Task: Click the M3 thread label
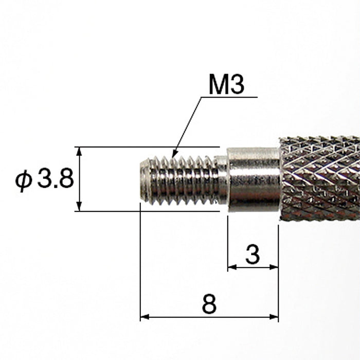click(x=226, y=85)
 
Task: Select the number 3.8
click(x=56, y=180)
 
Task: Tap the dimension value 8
click(x=209, y=305)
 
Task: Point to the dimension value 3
click(x=252, y=255)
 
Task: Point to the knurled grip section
click(x=319, y=178)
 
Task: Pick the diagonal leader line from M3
click(x=188, y=125)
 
